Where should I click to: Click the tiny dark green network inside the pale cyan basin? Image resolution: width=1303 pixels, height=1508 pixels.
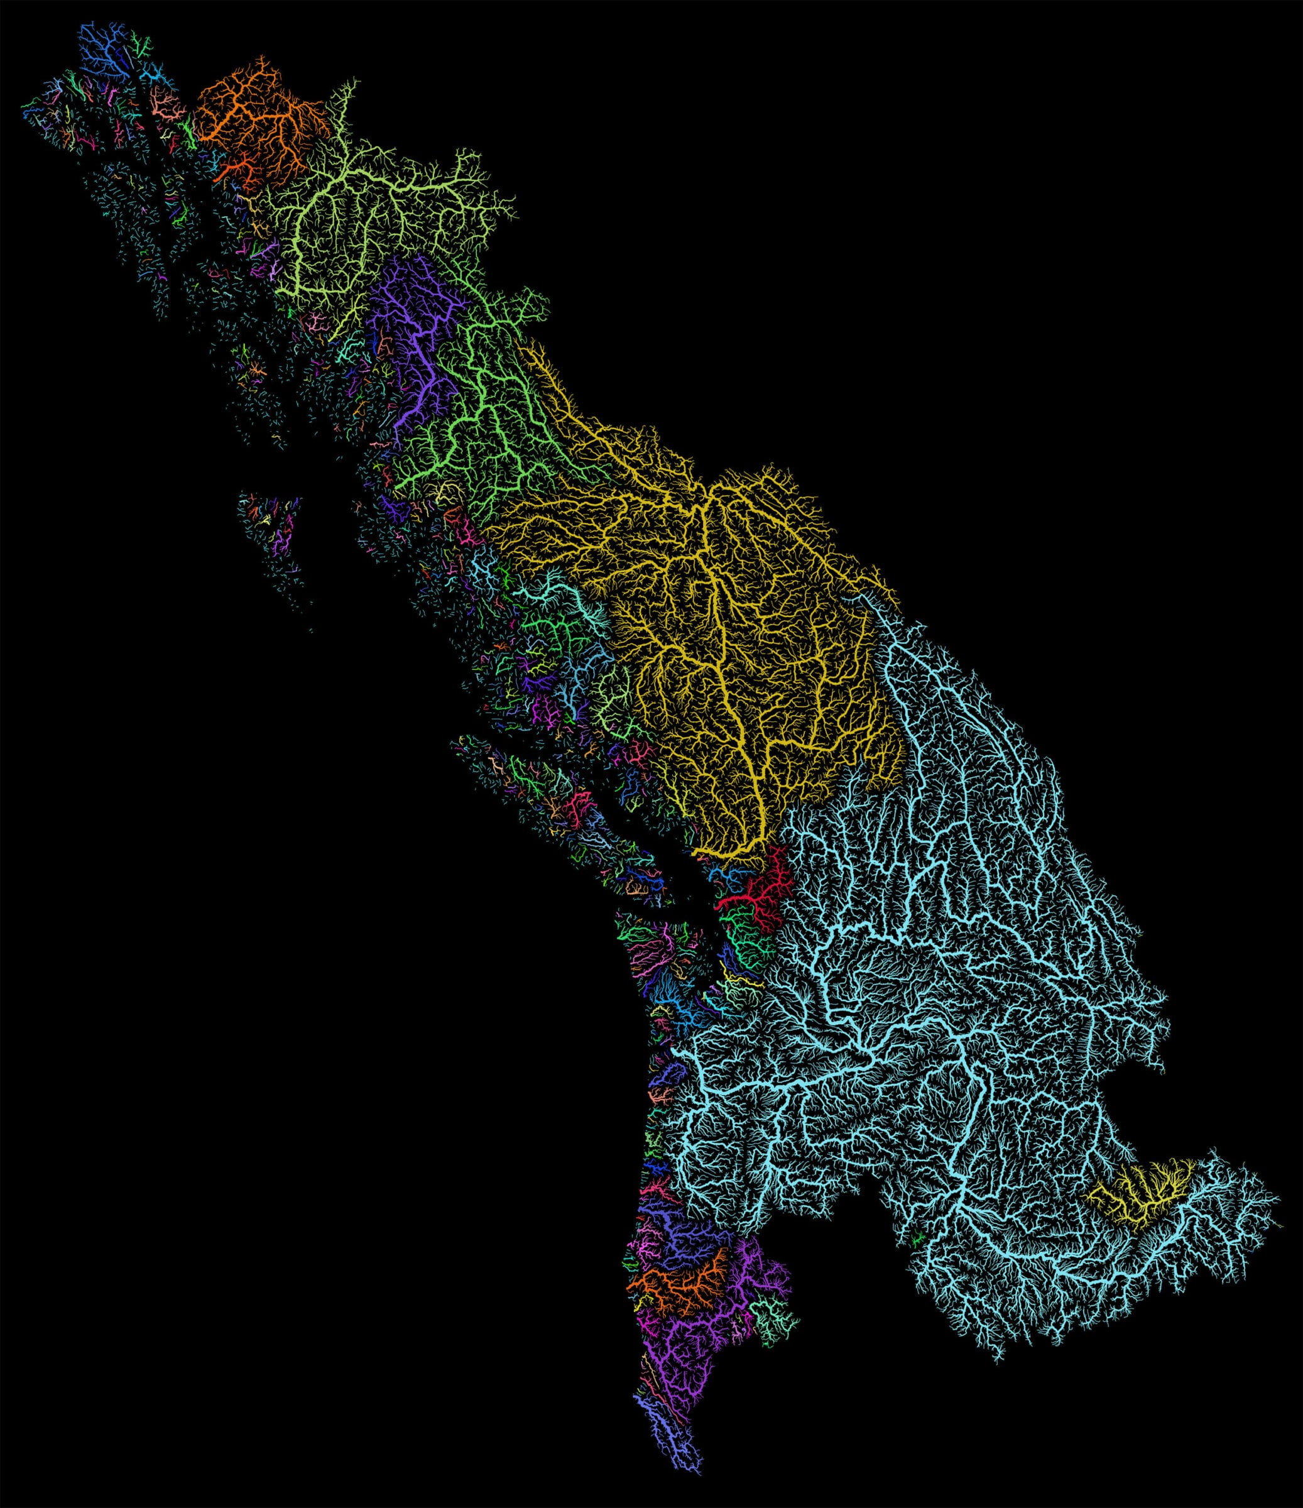pos(918,1238)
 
